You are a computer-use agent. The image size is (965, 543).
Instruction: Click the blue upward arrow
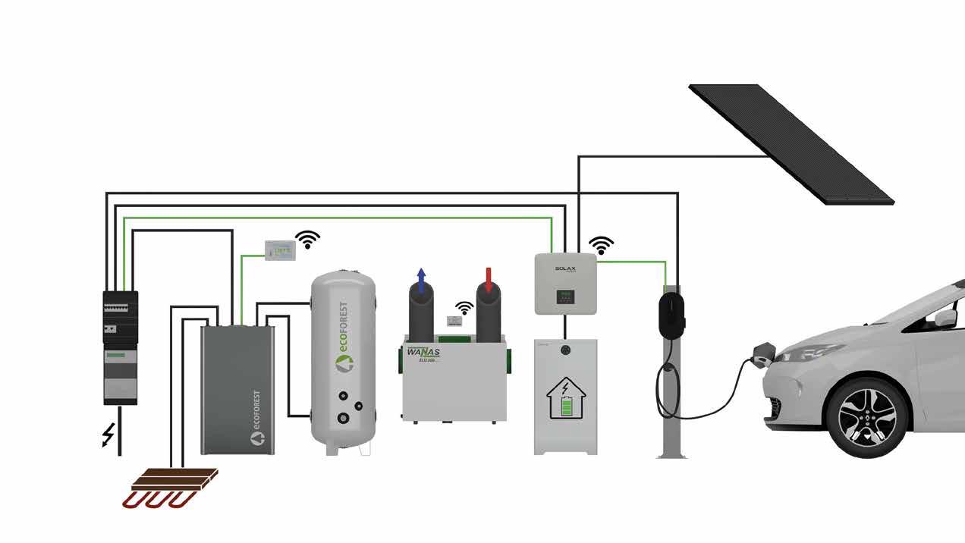coord(421,278)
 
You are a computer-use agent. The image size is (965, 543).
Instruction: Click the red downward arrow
coord(489,279)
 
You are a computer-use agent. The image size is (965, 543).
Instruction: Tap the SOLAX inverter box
coord(565,283)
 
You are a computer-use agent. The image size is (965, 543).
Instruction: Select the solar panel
coord(791,143)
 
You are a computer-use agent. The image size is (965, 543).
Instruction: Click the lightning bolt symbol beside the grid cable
coord(108,435)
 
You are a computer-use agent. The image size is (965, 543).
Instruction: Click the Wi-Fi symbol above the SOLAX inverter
coord(602,245)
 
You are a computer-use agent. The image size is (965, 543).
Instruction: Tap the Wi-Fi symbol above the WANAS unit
coord(464,308)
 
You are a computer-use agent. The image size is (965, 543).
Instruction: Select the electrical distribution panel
coord(121,347)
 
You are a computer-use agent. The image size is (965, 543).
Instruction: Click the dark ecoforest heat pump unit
coord(237,389)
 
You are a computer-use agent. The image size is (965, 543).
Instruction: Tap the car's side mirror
coord(945,318)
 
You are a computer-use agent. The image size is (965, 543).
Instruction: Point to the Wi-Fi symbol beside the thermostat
coord(307,240)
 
